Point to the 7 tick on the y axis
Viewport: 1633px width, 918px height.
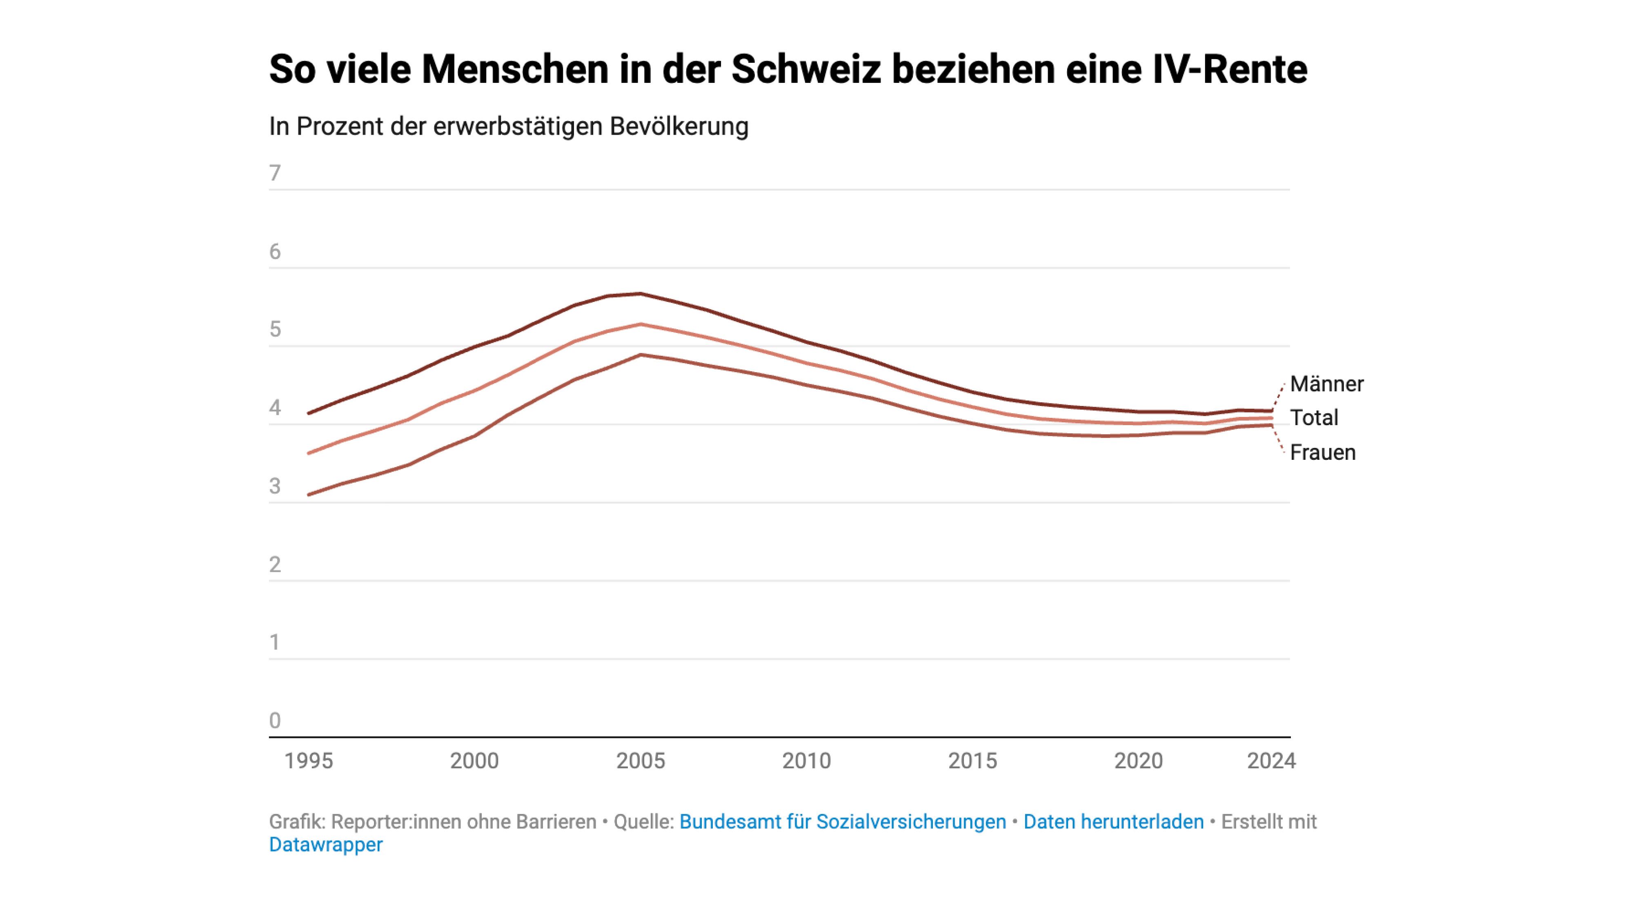pyautogui.click(x=274, y=173)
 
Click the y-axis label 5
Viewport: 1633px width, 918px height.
pyautogui.click(x=274, y=329)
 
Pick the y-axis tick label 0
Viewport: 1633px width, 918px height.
pyautogui.click(x=274, y=721)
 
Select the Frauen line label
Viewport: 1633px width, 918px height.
pyautogui.click(x=1322, y=453)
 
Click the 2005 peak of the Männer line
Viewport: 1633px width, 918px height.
pyautogui.click(x=641, y=293)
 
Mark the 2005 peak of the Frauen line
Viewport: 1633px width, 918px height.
pyautogui.click(x=641, y=355)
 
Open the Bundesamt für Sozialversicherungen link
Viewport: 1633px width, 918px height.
pyautogui.click(x=843, y=822)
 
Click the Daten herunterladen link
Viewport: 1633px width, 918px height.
pyautogui.click(x=1113, y=822)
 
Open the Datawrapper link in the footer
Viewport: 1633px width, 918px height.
pyautogui.click(x=326, y=845)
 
